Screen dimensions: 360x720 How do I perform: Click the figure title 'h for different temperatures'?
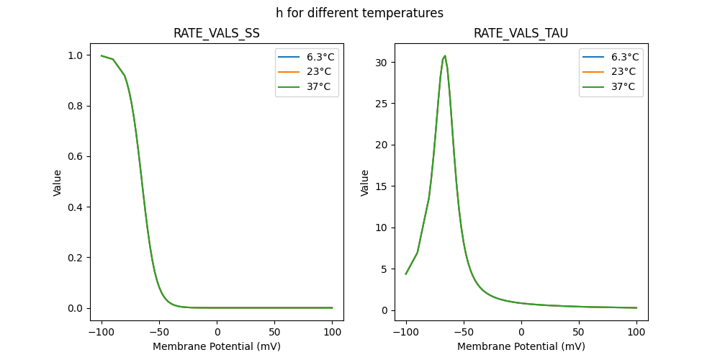tap(359, 13)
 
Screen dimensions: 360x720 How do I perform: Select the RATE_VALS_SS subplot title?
tap(217, 33)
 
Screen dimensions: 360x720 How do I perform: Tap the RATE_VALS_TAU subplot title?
tap(521, 33)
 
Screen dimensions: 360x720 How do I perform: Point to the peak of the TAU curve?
tap(445, 55)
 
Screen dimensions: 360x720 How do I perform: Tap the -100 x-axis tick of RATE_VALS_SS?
tap(102, 333)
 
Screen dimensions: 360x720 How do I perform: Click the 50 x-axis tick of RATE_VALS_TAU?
tap(579, 333)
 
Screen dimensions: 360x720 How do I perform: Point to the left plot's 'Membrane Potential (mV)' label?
tap(217, 346)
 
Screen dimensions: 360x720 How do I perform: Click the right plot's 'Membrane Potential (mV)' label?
tap(521, 346)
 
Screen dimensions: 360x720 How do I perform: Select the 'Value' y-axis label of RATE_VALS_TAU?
tap(365, 183)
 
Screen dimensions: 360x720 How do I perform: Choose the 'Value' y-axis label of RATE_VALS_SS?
tap(58, 183)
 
